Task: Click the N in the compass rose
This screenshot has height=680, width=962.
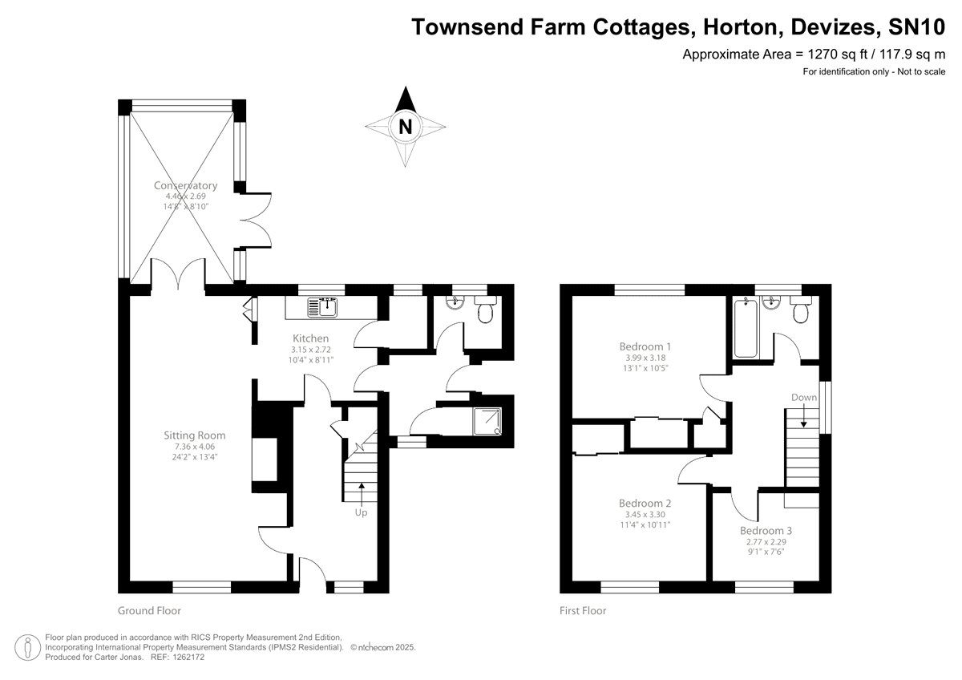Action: tap(406, 127)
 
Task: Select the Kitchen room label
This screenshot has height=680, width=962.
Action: tap(310, 338)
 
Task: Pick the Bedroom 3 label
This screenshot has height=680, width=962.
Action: tap(766, 531)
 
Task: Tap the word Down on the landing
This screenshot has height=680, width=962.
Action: tap(803, 397)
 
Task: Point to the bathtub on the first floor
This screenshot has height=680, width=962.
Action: tap(745, 327)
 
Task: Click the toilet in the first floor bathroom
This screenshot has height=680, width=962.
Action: tap(801, 311)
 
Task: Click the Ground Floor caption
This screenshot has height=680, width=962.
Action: tap(149, 610)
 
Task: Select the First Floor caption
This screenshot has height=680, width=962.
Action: tap(583, 610)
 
